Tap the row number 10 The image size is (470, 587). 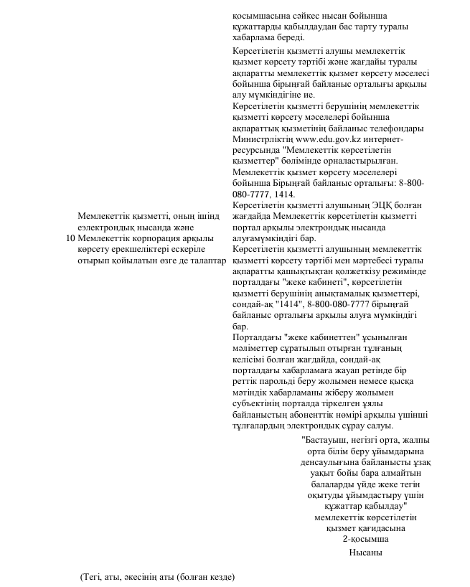pos(69,238)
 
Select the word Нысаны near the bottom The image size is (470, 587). pos(366,553)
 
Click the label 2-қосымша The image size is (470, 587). pos(366,538)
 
